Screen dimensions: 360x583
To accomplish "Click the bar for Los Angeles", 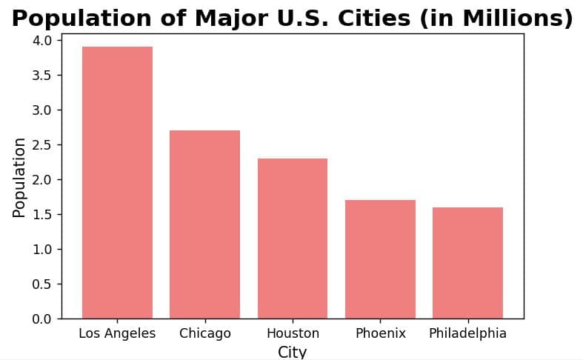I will (117, 182).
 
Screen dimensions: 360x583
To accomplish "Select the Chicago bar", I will (204, 224).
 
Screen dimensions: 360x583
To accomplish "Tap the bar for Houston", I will (293, 239).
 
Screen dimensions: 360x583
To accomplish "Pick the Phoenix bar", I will (380, 259).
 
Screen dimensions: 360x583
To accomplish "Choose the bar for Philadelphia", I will (467, 263).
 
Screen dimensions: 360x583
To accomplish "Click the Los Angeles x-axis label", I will (117, 333).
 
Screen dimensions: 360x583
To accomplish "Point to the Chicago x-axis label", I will (204, 333).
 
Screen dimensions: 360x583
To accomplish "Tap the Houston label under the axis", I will (293, 333).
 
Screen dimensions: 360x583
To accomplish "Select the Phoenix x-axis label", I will (380, 333).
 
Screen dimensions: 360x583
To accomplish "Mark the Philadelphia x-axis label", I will (467, 333).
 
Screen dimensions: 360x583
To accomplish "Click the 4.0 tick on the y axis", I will (42, 40).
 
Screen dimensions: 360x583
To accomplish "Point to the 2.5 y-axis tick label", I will (42, 144).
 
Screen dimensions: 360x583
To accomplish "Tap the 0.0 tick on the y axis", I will (42, 319).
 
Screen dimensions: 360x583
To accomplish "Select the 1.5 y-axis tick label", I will (42, 214).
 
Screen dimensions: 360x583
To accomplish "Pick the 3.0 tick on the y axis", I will (42, 110).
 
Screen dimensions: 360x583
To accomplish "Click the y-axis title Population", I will (19, 178).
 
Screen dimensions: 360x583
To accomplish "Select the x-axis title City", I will (292, 352).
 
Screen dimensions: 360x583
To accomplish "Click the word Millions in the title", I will (515, 19).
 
